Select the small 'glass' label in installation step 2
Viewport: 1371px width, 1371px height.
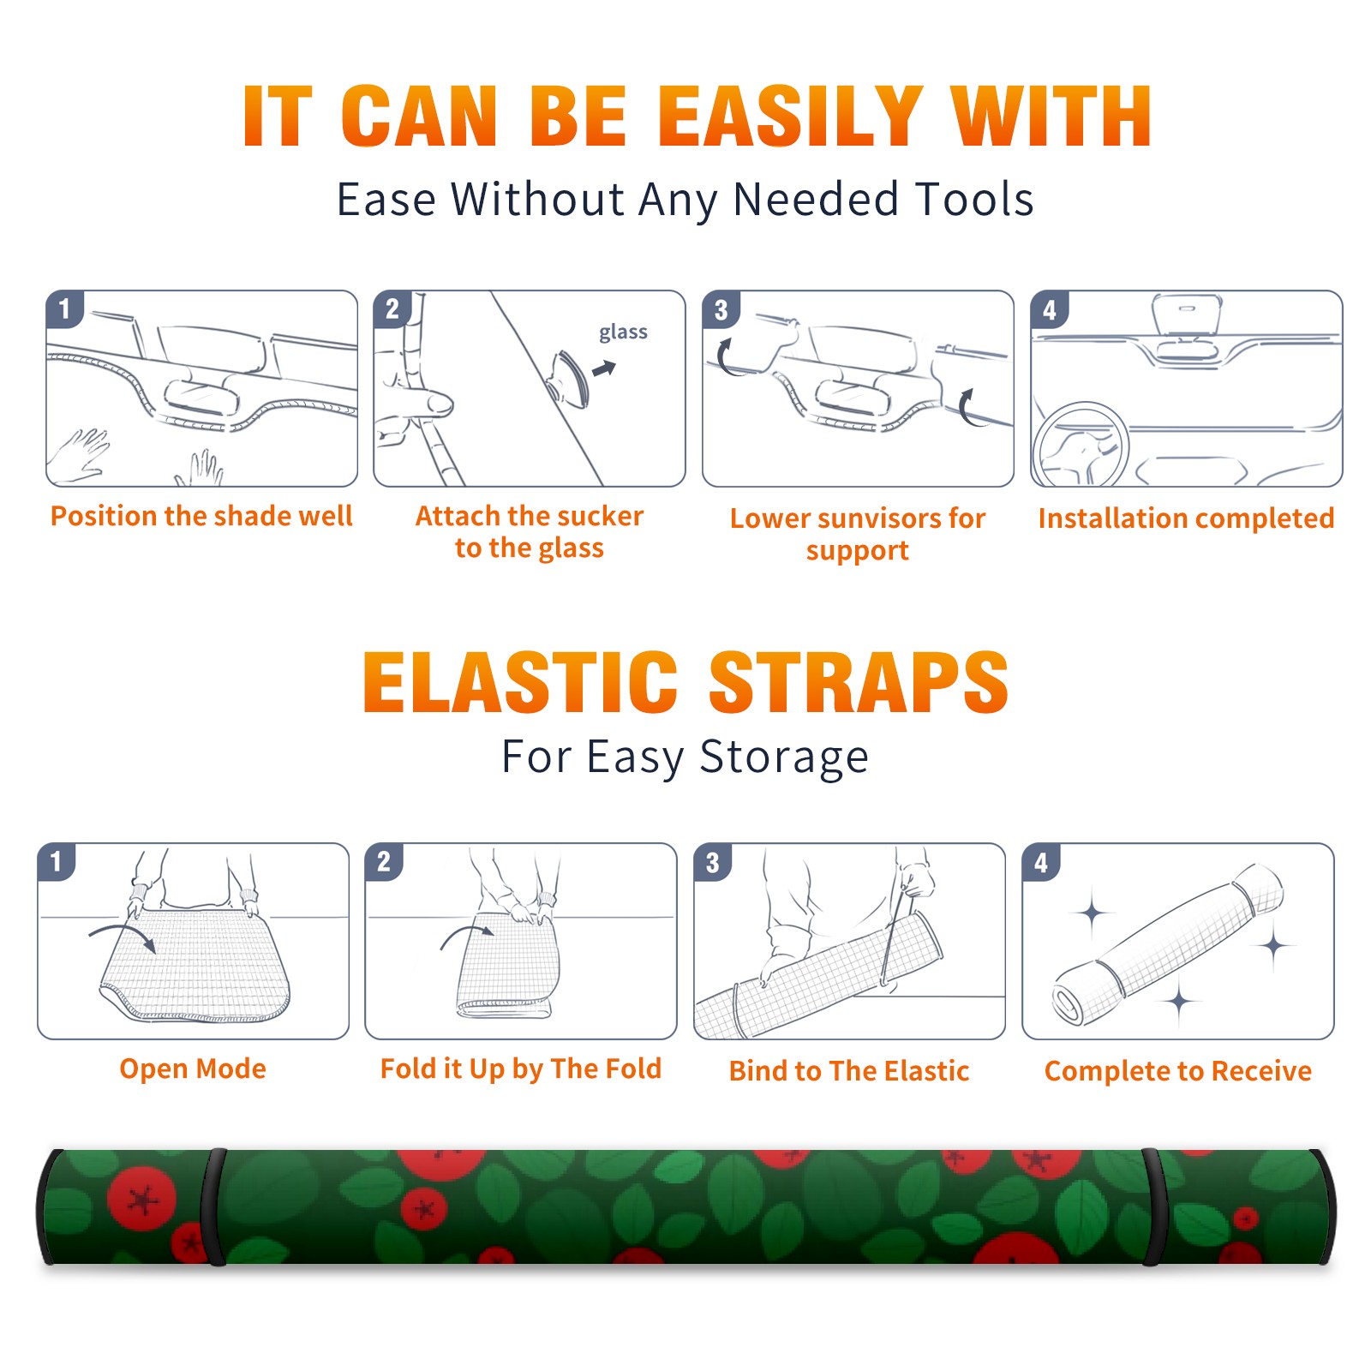pos(623,332)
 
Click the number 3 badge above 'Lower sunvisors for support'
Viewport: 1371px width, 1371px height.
pos(721,310)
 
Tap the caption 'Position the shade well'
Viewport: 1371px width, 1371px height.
pos(201,516)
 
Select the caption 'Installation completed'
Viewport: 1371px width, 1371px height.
pos(1186,518)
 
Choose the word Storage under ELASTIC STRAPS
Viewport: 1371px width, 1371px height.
pos(784,757)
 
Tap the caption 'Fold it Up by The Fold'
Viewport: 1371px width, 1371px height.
pos(521,1069)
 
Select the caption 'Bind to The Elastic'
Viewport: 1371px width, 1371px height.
pos(849,1071)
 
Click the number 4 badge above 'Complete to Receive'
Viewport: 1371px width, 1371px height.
pos(1040,862)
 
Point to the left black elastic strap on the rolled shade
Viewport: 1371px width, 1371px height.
pos(214,1207)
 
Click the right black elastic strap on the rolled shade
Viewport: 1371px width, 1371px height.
pos(1152,1207)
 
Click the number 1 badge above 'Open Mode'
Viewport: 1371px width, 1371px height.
pos(56,862)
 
